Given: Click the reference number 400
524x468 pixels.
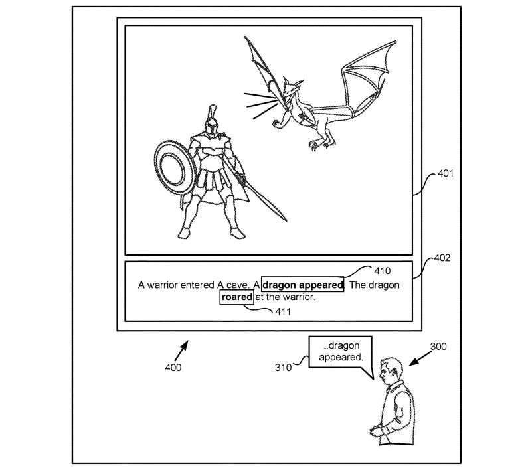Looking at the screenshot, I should pyautogui.click(x=173, y=366).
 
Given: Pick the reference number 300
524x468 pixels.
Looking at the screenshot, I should pyautogui.click(x=438, y=346).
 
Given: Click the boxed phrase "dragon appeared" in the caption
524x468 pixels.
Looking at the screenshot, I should pyautogui.click(x=303, y=285).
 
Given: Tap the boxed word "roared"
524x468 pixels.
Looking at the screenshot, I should pyautogui.click(x=237, y=297).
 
